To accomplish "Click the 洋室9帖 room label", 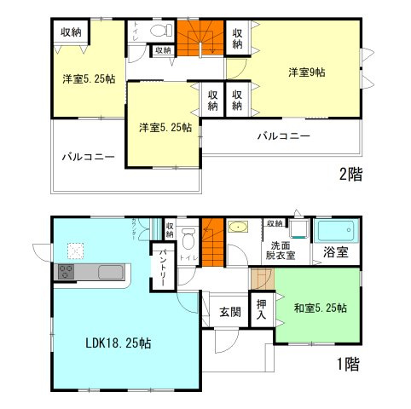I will [x=307, y=73].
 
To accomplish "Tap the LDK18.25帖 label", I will [x=119, y=344].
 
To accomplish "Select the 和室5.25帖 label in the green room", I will [x=317, y=308].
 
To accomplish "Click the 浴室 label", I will [x=335, y=252].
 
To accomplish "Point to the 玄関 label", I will [x=227, y=312].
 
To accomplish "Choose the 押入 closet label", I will [x=262, y=309].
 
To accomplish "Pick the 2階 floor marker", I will [x=350, y=175].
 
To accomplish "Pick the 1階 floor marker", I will [x=347, y=365].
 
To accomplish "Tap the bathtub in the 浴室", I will [x=336, y=230].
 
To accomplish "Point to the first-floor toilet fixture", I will [x=190, y=236].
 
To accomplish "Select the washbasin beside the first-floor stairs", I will [x=238, y=228].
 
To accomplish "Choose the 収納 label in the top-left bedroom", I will [x=72, y=32].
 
